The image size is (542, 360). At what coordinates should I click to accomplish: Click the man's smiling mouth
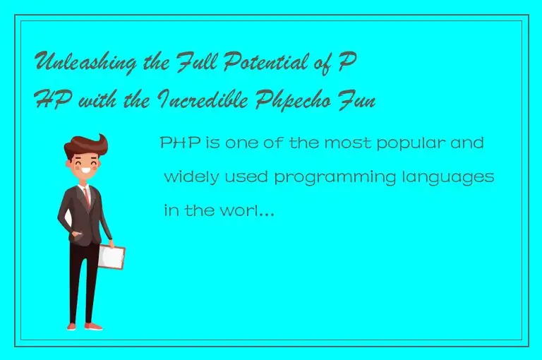(87, 172)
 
